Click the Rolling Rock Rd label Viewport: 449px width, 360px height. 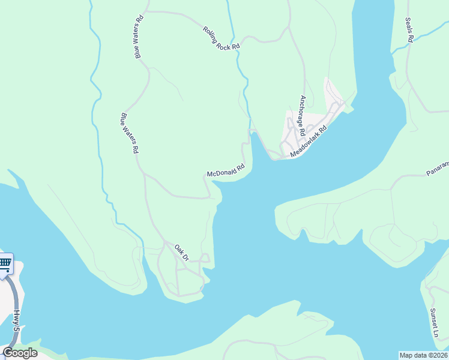221,38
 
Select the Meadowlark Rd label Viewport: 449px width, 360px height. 308,142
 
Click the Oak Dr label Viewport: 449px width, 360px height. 182,252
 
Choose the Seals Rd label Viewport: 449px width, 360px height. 409,29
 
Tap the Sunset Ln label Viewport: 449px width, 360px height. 434,322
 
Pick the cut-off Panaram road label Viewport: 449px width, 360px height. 438,169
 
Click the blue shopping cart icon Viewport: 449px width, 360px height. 5,263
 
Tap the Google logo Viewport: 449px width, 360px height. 20,353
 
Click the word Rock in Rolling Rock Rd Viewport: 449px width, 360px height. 225,40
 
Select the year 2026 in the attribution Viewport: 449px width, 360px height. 439,355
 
